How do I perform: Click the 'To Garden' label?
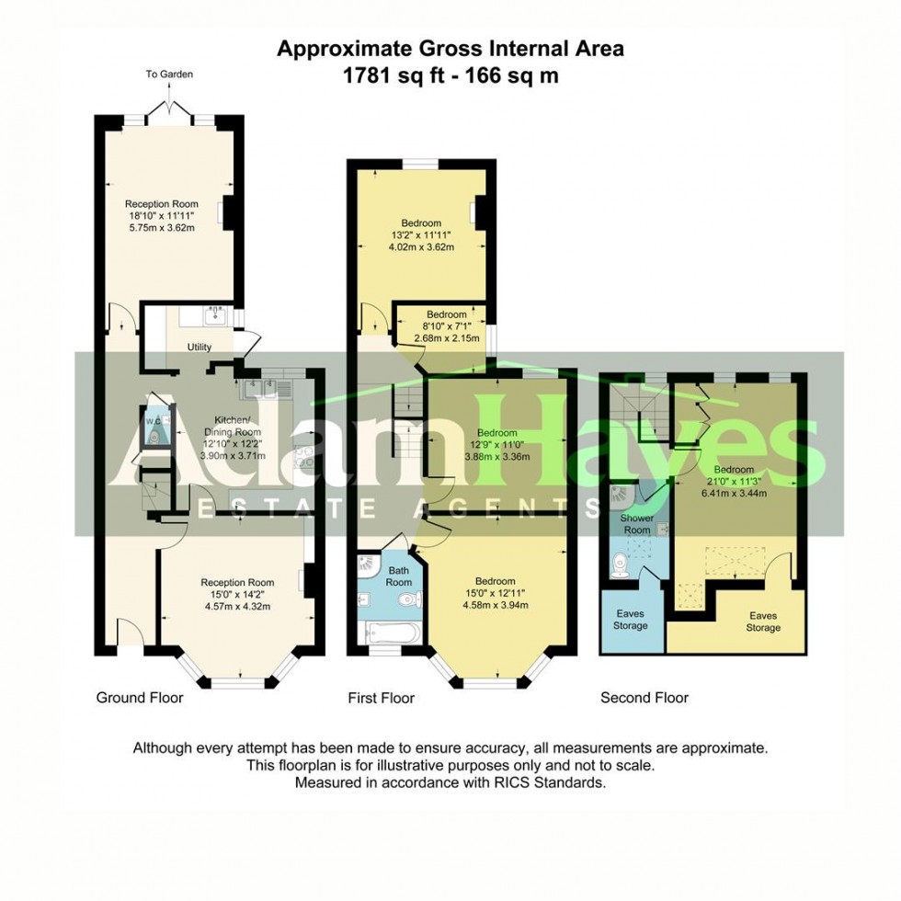coord(168,74)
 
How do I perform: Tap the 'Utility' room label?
coord(200,348)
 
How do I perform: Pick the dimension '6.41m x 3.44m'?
coord(735,493)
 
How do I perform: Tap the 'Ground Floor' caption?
coord(140,698)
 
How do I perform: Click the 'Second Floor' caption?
coord(644,698)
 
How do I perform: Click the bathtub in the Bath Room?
coord(391,633)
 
